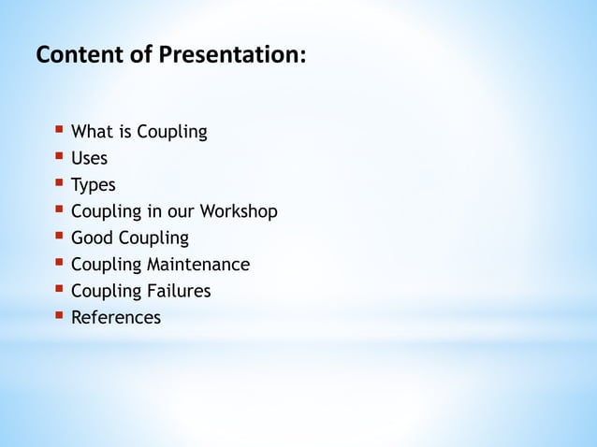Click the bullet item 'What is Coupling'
click(139, 132)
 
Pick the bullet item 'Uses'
click(90, 158)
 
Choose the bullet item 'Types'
click(94, 185)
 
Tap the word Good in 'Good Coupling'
click(91, 238)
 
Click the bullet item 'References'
click(116, 318)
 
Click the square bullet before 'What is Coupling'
click(59, 130)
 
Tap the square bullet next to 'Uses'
click(59, 156)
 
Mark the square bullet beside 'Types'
click(59, 183)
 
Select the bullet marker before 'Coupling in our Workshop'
click(59, 209)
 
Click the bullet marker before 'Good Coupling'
click(59, 236)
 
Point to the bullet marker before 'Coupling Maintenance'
click(59, 263)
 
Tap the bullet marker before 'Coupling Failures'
click(59, 289)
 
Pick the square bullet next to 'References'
click(59, 316)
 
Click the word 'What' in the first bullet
click(92, 132)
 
